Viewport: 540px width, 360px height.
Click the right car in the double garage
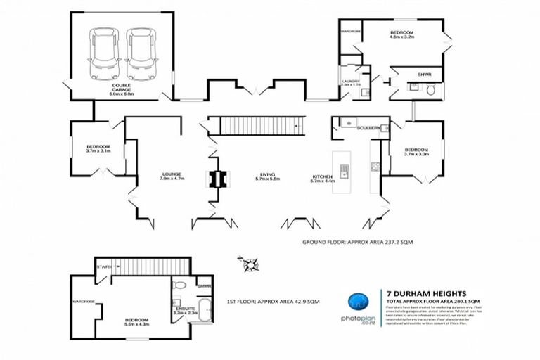(x=140, y=53)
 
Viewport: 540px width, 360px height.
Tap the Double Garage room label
(x=122, y=89)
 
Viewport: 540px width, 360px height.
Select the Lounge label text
(x=172, y=177)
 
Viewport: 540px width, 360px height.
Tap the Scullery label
(x=368, y=128)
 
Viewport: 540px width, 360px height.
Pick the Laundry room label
(x=350, y=82)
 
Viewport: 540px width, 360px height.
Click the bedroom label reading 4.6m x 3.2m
(x=401, y=36)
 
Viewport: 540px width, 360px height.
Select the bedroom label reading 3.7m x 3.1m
(x=99, y=148)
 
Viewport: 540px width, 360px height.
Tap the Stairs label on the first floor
(x=104, y=266)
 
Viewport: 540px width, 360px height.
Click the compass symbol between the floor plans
(x=249, y=265)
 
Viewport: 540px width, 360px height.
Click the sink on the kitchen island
(x=345, y=169)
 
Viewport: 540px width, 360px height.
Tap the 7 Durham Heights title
(x=415, y=294)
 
